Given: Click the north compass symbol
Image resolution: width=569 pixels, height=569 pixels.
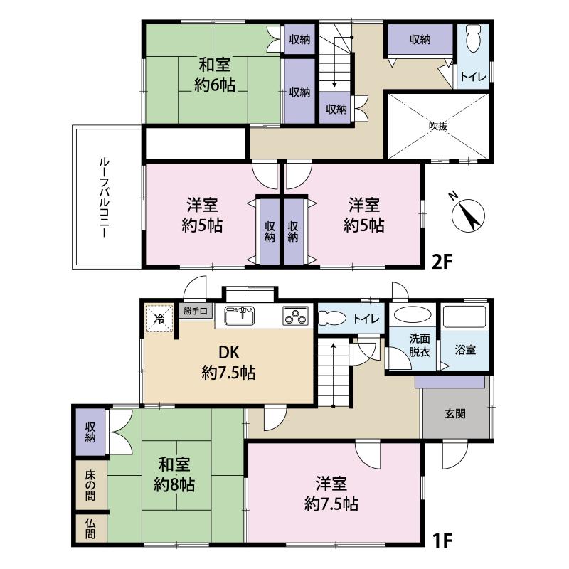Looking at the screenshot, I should point(467,213).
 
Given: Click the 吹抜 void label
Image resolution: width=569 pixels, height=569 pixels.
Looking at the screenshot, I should point(437,126).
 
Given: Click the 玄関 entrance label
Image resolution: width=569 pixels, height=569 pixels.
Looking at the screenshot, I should point(456,414).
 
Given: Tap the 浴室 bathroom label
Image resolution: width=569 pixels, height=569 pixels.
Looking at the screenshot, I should point(466,351).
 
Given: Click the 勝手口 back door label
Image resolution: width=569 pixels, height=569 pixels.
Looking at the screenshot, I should point(196,311).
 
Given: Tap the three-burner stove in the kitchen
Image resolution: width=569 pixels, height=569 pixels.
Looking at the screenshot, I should point(294,316).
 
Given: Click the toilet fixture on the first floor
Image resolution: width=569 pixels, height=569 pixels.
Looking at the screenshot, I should point(331,319).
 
